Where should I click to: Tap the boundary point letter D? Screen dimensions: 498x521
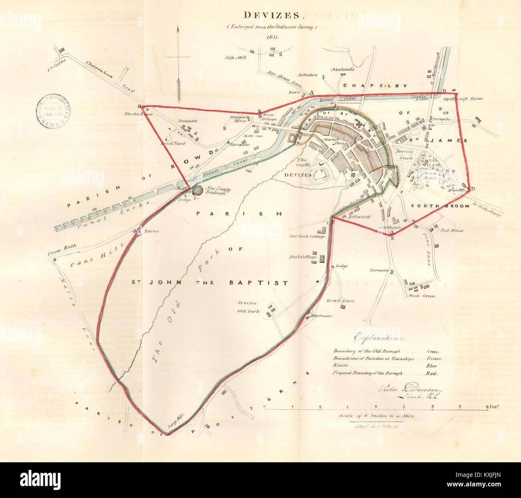(473, 189)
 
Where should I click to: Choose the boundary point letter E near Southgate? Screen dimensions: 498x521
(392, 238)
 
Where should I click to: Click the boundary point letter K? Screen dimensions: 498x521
(259, 111)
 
